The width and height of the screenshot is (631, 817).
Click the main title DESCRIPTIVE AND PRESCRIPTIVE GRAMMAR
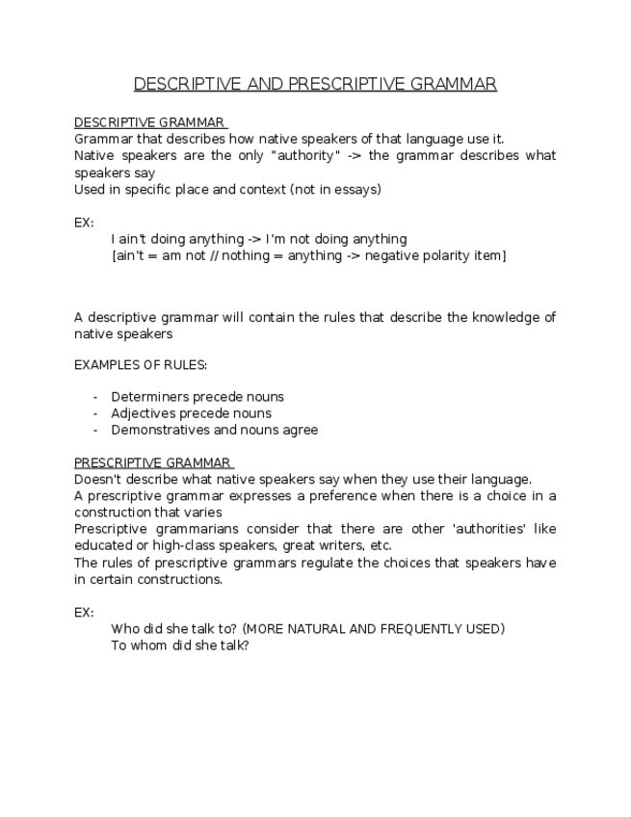(315, 84)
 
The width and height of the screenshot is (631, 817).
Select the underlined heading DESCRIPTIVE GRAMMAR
(149, 122)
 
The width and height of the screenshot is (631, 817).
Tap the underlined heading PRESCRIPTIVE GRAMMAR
(152, 462)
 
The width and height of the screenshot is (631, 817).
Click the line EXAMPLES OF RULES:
(141, 365)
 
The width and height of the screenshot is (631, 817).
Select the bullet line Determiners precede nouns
(197, 397)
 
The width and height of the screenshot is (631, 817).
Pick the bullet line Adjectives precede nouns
(191, 413)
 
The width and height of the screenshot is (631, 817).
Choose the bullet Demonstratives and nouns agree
(214, 431)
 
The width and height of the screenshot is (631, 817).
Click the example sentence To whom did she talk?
(180, 646)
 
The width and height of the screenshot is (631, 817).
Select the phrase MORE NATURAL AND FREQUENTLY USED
(373, 629)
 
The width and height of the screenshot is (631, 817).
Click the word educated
(104, 546)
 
